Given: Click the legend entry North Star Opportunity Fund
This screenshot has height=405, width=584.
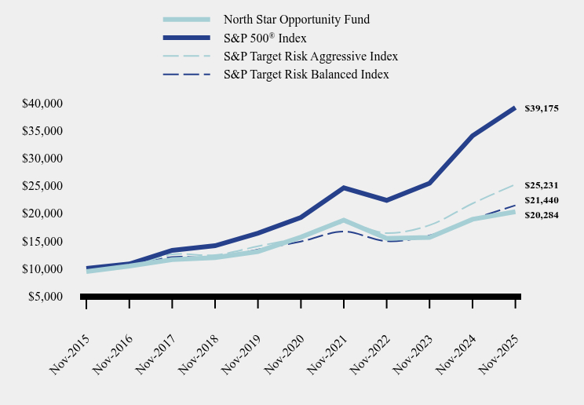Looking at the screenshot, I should coord(296,20).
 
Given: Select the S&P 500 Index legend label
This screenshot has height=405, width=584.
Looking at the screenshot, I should coord(265,38).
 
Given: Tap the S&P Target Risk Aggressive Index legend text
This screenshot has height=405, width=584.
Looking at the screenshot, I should coord(310,57).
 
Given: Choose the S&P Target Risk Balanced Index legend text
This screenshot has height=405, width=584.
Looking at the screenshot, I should coord(306,75).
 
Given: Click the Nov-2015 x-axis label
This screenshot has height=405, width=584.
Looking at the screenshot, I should coord(70,352).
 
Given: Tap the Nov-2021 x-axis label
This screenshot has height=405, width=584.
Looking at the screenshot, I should coord(327,352).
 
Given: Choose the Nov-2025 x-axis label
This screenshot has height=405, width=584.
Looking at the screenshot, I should coord(498,352).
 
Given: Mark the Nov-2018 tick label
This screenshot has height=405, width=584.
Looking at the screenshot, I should coord(199,352).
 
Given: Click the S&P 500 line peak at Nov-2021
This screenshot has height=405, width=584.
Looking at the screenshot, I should coord(344,188).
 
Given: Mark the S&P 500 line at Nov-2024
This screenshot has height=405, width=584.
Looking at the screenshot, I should coord(473,136).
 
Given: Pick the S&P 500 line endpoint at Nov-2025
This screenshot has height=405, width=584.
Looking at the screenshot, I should coord(515,108).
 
